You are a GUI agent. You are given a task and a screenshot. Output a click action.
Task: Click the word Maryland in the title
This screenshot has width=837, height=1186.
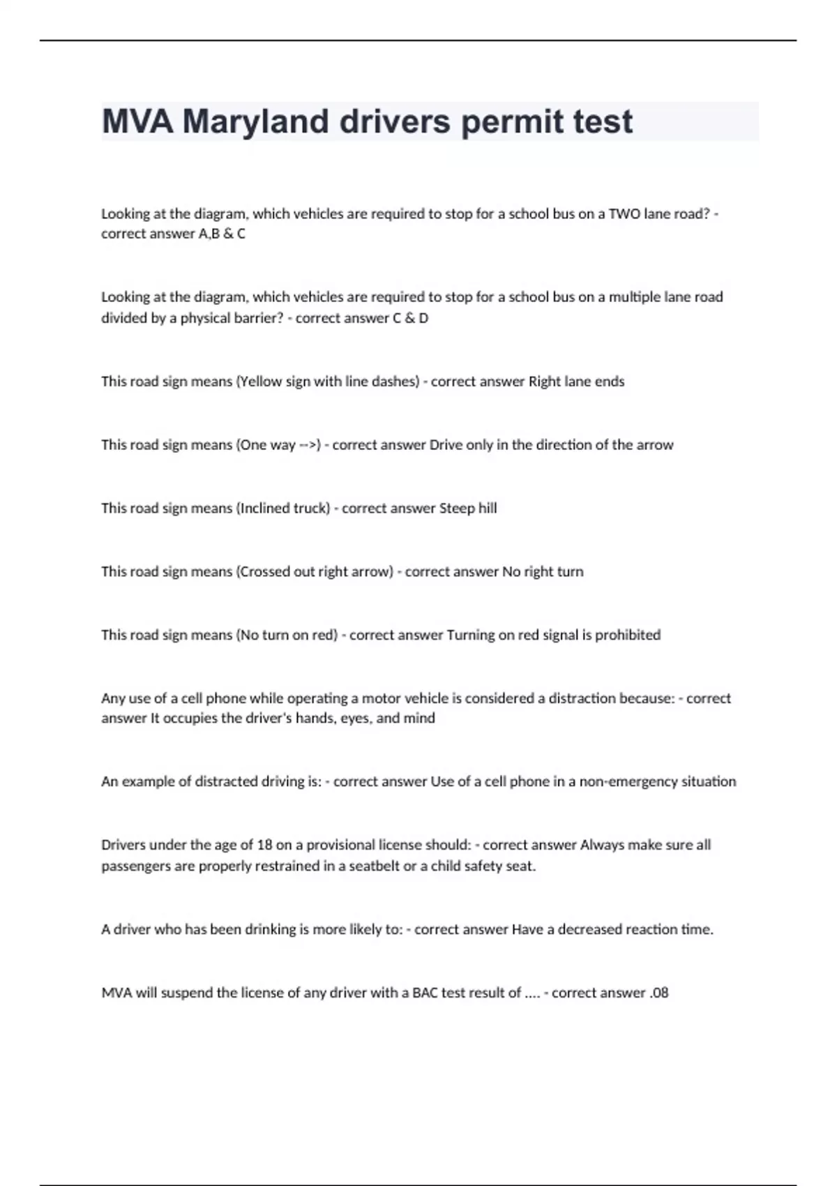click(x=255, y=122)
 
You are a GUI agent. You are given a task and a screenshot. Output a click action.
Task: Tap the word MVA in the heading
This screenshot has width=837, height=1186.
click(x=137, y=122)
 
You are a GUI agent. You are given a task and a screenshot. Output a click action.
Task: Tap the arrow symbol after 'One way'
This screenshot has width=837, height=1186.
click(x=308, y=445)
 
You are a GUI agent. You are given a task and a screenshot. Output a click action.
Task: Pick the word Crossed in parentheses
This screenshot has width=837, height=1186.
click(x=263, y=572)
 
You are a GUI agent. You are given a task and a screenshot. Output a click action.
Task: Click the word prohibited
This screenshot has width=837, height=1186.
click(x=628, y=636)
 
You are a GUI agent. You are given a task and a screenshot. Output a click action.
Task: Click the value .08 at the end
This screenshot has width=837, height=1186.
click(x=658, y=993)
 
